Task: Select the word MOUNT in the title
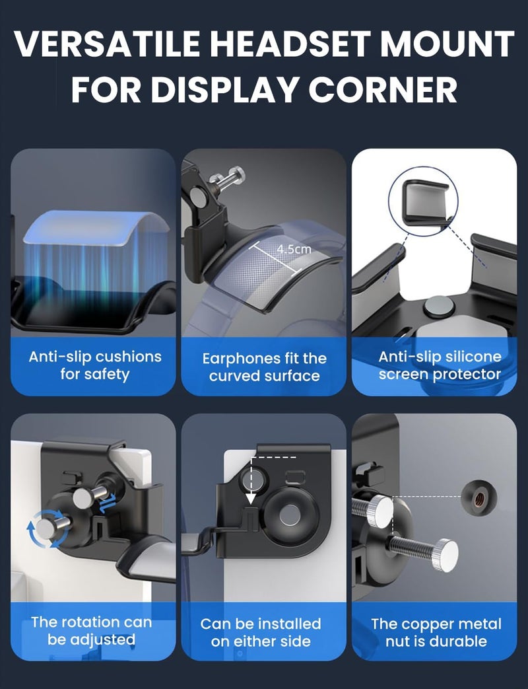[x=447, y=44]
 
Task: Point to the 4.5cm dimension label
[x=294, y=249]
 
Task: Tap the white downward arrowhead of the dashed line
[x=251, y=498]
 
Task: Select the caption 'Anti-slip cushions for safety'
[x=95, y=365]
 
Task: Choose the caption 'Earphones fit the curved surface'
[x=264, y=367]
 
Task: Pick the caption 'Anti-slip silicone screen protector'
[x=440, y=365]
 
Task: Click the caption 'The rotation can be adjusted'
[x=91, y=631]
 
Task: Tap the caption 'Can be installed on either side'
[x=261, y=632]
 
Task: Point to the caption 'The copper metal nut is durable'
[x=436, y=632]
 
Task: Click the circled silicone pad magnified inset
[x=423, y=201]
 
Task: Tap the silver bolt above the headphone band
[x=227, y=178]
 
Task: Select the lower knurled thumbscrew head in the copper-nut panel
[x=445, y=556]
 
